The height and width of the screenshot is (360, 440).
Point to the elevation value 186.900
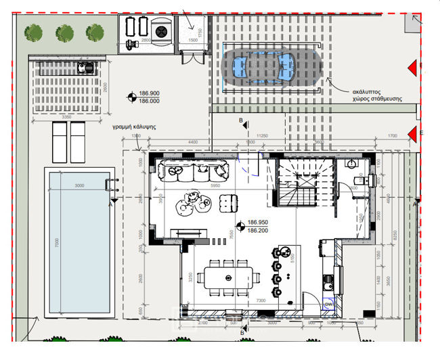(149, 93)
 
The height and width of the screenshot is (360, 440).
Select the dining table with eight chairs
(229, 277)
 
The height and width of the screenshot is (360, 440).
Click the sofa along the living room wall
(193, 172)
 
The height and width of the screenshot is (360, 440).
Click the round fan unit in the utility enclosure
(161, 31)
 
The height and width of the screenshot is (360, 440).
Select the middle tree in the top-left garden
(64, 32)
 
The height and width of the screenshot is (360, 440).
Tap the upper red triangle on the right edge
(411, 67)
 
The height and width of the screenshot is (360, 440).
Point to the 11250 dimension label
(264, 135)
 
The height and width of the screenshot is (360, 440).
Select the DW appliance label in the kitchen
(328, 305)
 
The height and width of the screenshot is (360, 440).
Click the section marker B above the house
(240, 120)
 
